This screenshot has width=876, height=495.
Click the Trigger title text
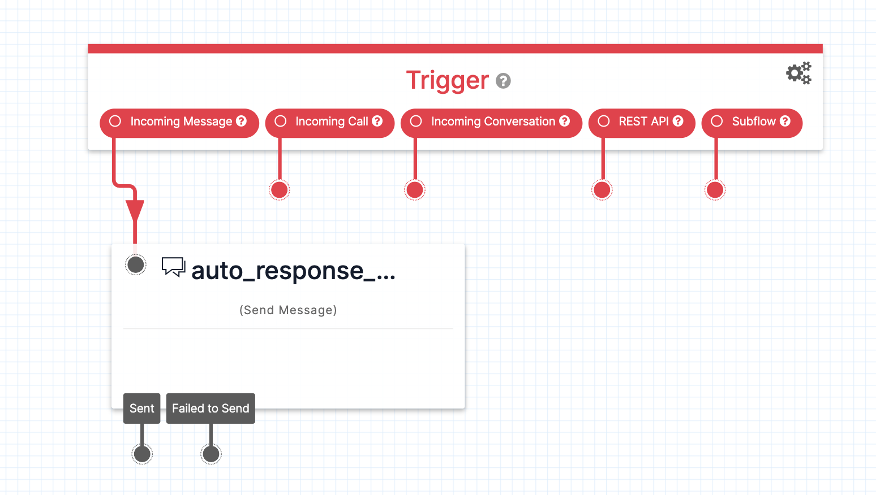point(447,80)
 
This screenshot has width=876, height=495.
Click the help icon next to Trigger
point(503,81)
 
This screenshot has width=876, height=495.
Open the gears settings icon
point(798,73)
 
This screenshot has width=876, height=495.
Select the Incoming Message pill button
point(179,122)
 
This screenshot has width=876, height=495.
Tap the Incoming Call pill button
point(329,122)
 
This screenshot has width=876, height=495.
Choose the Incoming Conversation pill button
point(491,122)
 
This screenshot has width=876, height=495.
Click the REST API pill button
point(642,122)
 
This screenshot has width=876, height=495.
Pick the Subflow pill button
point(752,122)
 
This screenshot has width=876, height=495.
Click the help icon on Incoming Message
point(242,121)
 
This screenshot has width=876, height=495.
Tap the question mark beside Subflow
point(785,121)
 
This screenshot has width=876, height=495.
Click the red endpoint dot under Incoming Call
point(279,190)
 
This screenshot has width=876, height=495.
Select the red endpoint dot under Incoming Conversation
point(415,190)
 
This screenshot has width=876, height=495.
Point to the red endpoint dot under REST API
point(602,190)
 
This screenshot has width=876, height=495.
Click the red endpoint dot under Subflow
point(715,190)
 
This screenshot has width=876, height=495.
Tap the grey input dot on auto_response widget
point(136,264)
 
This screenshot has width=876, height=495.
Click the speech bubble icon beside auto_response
point(173,267)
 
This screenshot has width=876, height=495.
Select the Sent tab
point(142,408)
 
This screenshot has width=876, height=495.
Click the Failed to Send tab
point(211,408)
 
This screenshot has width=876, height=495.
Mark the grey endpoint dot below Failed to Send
point(211,454)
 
